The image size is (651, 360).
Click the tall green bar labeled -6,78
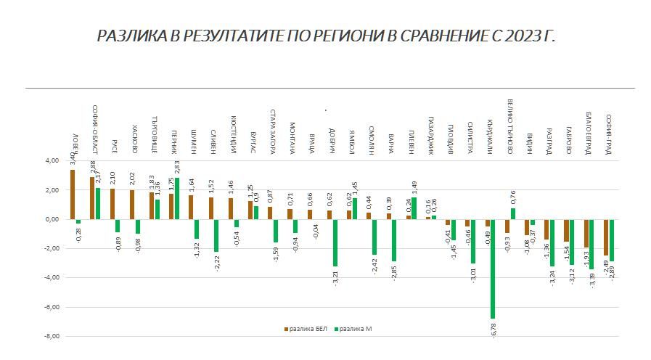click(x=493, y=269)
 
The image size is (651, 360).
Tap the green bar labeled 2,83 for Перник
click(x=177, y=198)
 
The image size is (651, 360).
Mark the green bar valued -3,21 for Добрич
click(x=335, y=242)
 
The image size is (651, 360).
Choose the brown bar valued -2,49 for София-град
click(x=606, y=237)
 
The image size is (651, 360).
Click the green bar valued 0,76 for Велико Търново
click(x=512, y=213)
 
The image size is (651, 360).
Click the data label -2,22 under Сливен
click(x=216, y=263)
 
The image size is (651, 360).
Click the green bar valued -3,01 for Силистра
click(x=473, y=241)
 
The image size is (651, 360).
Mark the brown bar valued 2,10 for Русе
click(x=112, y=203)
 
